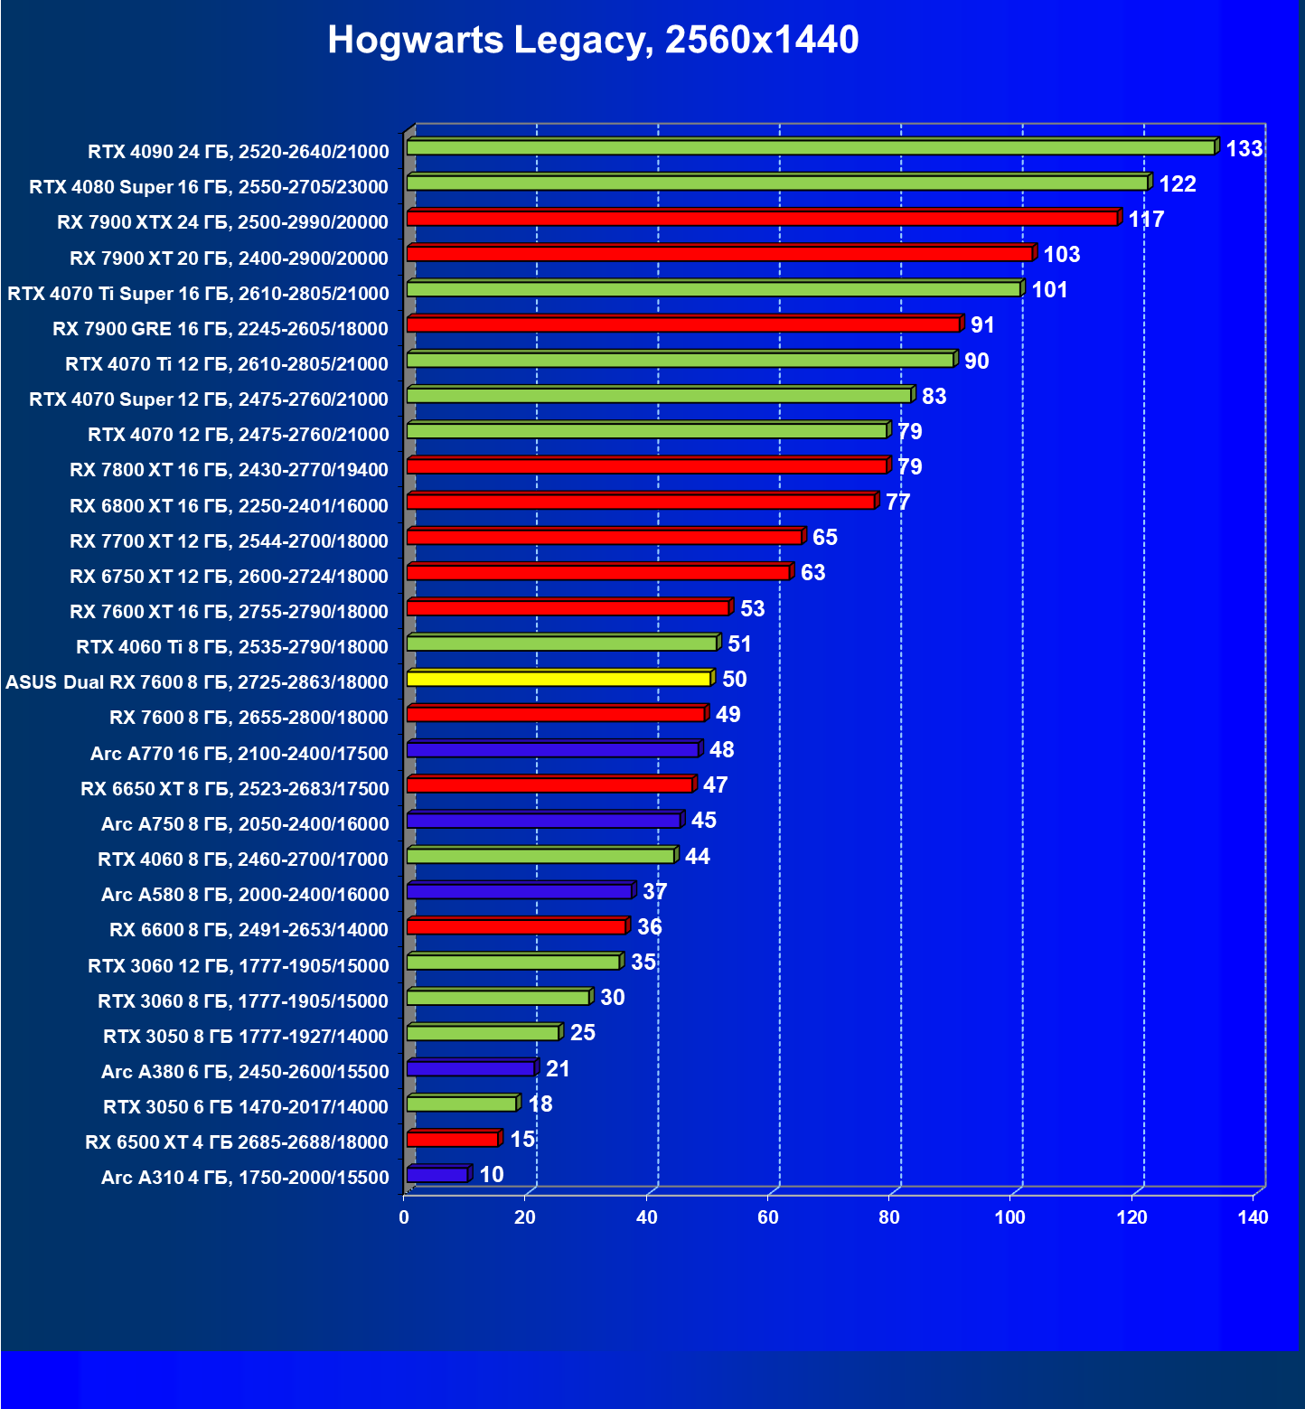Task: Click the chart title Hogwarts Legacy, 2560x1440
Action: point(593,40)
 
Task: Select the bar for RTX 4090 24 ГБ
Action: point(811,147)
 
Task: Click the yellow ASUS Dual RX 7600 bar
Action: point(559,679)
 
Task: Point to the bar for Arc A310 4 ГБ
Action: point(437,1175)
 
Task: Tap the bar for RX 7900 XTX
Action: point(762,219)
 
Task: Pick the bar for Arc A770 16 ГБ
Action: point(552,749)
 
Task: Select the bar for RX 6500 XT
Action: point(453,1139)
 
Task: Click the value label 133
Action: point(1244,149)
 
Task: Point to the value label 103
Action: point(1061,255)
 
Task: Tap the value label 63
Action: point(812,573)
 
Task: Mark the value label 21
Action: point(558,1069)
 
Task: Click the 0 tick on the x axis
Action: point(404,1217)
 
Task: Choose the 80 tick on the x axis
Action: point(889,1217)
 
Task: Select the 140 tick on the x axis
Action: point(1253,1217)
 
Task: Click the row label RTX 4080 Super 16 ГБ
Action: point(209,187)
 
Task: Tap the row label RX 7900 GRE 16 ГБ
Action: point(221,329)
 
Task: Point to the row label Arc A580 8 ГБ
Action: point(245,895)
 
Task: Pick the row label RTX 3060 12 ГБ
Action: point(239,966)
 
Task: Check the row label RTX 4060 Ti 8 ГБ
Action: point(232,647)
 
